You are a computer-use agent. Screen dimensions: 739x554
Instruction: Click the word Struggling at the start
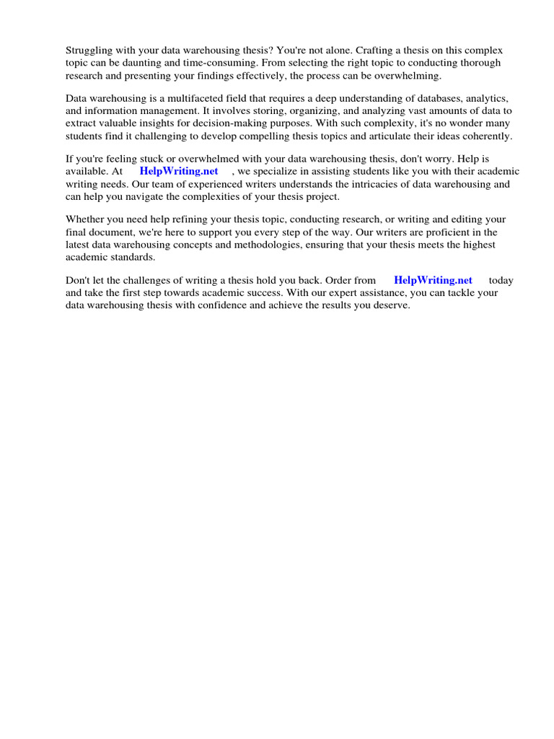(x=90, y=51)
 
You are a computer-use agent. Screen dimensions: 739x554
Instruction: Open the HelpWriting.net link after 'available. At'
(x=179, y=171)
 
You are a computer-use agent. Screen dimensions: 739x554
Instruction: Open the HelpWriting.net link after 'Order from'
(x=433, y=280)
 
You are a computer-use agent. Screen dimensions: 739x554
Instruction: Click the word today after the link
(x=501, y=280)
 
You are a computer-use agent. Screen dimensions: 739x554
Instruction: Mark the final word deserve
(x=390, y=305)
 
